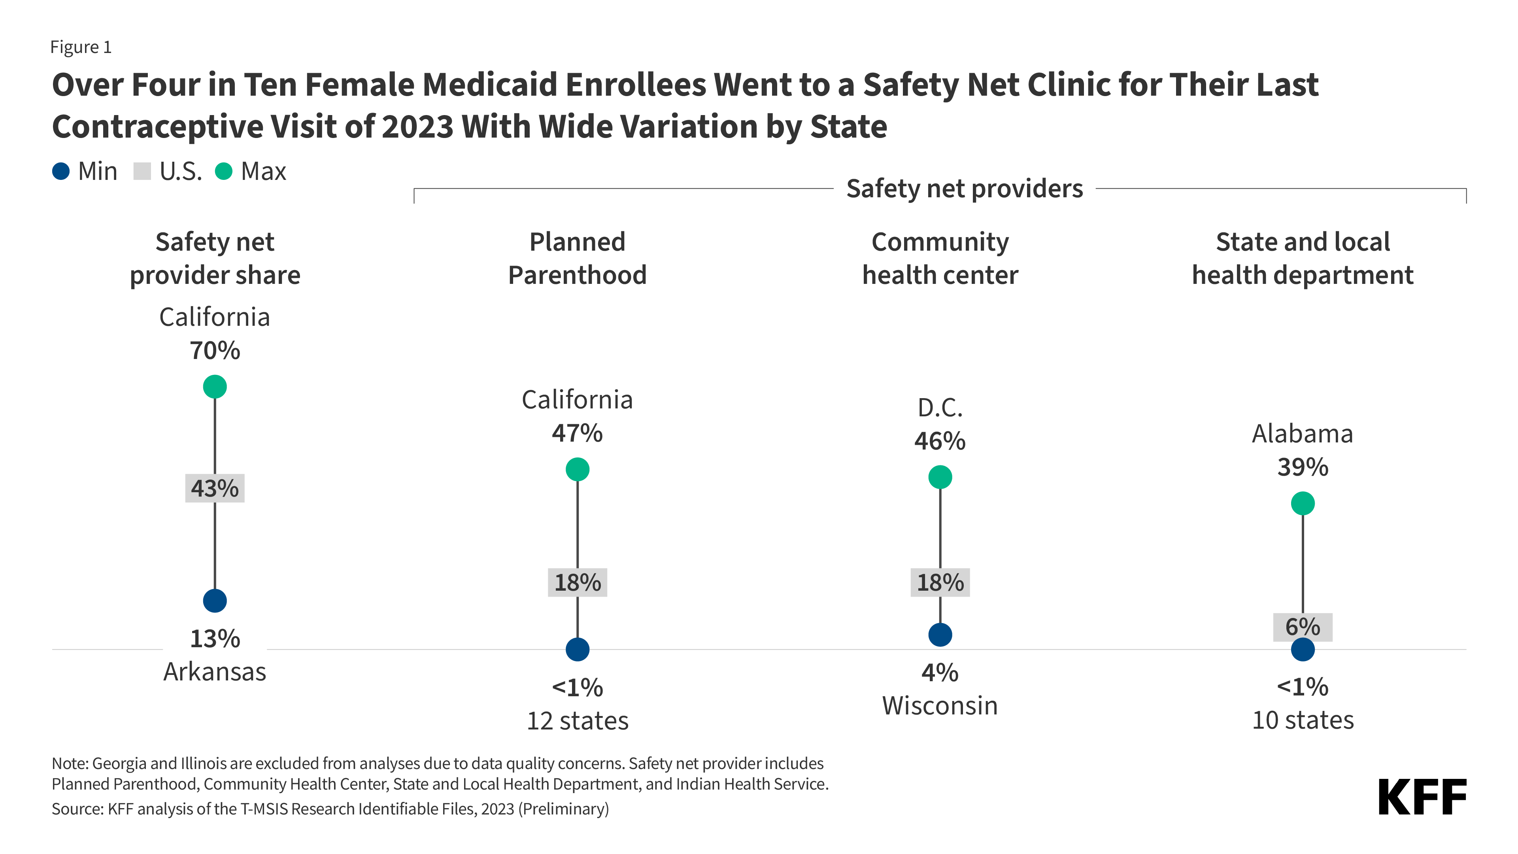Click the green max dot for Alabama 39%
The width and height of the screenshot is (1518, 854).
click(1302, 503)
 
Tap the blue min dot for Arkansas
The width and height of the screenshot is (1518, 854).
click(215, 601)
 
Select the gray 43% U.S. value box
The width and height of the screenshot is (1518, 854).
click(215, 488)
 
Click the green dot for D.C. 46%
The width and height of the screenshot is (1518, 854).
click(940, 477)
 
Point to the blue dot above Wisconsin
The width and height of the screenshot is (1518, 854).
click(940, 635)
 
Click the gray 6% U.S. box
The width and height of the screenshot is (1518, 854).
click(1302, 627)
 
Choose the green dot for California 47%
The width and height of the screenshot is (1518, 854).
click(577, 469)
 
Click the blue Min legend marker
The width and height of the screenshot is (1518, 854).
click(61, 172)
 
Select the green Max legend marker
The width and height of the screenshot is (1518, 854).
click(223, 172)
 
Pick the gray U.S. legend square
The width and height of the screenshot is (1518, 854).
click(142, 172)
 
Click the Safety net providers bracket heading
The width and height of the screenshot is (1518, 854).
click(964, 189)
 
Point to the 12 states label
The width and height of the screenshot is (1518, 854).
click(577, 720)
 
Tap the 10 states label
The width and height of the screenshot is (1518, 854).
click(1302, 720)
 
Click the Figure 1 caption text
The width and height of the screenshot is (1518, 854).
click(81, 47)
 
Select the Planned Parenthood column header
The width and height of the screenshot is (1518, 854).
click(577, 258)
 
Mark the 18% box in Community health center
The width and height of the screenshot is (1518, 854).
click(940, 582)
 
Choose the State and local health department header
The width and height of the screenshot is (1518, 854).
click(1302, 258)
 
